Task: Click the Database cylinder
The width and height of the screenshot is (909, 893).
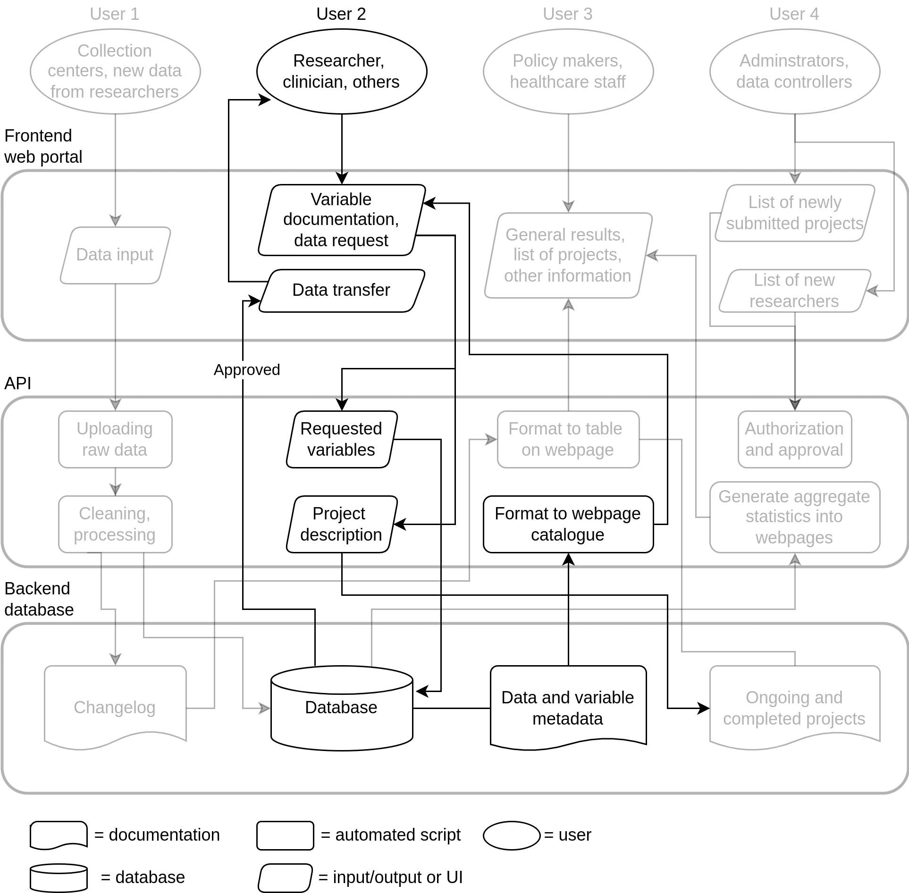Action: tap(342, 708)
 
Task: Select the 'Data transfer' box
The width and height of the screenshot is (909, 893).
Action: tap(342, 291)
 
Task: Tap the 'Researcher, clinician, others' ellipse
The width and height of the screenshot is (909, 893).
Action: tap(342, 71)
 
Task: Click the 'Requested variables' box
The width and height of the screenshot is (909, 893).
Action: tap(342, 439)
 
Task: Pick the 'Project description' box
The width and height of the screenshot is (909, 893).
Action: tap(342, 524)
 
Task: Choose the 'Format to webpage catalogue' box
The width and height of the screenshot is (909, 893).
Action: tap(568, 524)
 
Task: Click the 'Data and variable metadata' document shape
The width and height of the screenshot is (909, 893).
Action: tap(568, 708)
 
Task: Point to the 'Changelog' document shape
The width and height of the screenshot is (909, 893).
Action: tap(115, 708)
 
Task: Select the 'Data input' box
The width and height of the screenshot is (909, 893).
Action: tap(115, 255)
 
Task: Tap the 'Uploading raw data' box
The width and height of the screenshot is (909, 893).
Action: tap(115, 439)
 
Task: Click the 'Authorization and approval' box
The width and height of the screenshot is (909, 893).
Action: tap(795, 439)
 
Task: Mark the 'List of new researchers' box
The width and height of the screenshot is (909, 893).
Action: tap(795, 291)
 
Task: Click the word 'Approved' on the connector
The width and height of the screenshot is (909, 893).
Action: tap(247, 369)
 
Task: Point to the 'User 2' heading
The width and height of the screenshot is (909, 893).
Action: tap(341, 14)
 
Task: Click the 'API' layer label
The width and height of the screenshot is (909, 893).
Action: tap(18, 383)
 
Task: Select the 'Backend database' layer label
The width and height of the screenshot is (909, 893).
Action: tap(39, 599)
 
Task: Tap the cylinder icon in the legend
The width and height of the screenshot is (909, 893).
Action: tap(59, 878)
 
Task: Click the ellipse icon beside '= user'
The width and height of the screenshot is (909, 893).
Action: tap(512, 835)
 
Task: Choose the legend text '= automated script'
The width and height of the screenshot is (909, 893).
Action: tap(391, 835)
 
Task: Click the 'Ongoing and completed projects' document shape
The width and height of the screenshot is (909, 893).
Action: tap(795, 708)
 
